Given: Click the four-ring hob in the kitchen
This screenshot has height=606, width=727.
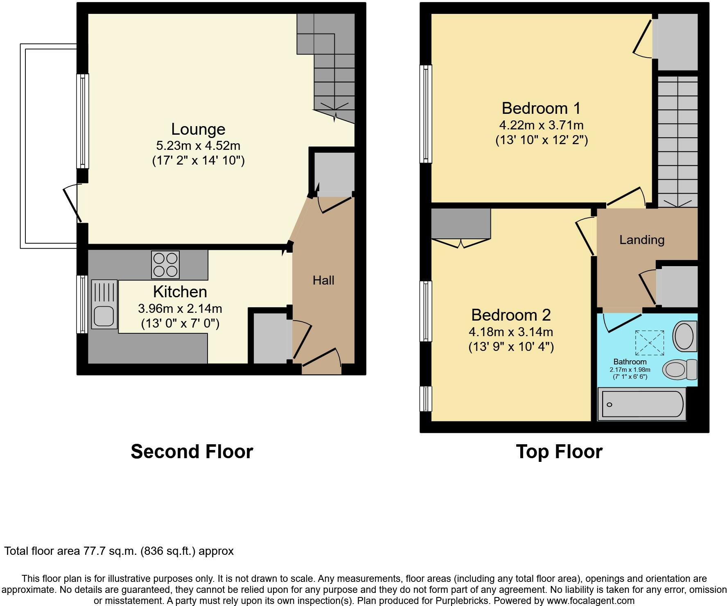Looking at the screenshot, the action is click(165, 265).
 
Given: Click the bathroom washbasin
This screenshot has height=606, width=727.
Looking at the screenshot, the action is click(685, 336).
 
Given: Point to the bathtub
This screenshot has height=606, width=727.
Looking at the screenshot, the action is click(642, 404).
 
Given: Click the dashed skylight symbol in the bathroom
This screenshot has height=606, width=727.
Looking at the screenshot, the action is click(650, 343).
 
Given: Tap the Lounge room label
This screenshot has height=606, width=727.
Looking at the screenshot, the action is click(198, 129).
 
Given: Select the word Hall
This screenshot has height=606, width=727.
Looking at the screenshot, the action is click(323, 280).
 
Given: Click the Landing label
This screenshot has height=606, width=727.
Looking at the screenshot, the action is click(641, 240).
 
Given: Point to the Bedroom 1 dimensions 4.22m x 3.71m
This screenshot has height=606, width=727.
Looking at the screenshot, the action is click(541, 125).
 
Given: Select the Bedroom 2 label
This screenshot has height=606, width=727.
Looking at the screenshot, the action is click(511, 315).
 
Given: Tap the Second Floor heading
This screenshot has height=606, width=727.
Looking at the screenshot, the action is click(192, 452).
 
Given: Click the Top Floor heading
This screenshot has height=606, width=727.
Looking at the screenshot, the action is click(559, 452).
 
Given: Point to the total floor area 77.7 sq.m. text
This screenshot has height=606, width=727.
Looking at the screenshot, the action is click(119, 551).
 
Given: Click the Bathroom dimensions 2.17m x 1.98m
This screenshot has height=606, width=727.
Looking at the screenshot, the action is click(630, 369).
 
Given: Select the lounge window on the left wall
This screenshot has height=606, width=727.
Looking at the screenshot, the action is click(83, 121).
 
